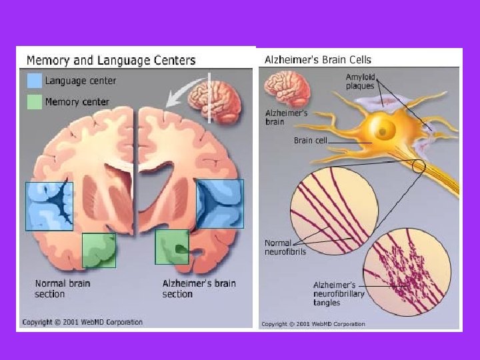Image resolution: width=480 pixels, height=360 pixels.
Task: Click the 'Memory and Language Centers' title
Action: [x=111, y=60]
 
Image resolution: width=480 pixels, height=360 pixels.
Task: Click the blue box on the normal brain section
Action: [x=49, y=206]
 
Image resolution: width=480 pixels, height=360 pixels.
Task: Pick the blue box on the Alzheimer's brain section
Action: [x=220, y=203]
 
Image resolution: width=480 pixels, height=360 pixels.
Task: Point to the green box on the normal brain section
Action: [x=99, y=250]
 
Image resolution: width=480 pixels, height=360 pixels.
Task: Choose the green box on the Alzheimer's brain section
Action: [x=172, y=247]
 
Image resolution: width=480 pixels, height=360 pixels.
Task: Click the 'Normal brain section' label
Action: [x=63, y=289]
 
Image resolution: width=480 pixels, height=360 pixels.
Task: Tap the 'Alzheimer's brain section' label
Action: [x=199, y=289]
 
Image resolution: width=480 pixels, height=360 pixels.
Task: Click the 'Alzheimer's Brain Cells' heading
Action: [x=318, y=59]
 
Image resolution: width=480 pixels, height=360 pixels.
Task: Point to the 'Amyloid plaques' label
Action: [x=360, y=82]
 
